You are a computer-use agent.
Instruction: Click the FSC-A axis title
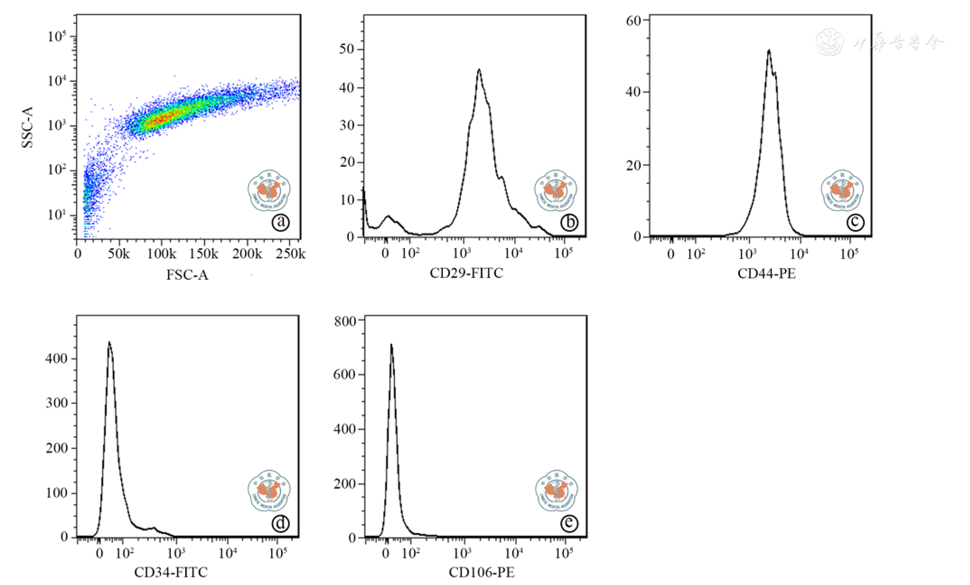click(187, 275)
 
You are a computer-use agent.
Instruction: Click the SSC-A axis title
click(28, 127)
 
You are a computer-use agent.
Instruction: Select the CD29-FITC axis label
click(466, 273)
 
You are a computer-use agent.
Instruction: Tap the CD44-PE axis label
click(766, 274)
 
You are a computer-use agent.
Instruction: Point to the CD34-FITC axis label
click(171, 572)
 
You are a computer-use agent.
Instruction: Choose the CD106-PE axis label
click(482, 572)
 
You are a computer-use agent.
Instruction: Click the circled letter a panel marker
click(281, 222)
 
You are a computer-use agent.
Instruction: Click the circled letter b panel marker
click(569, 222)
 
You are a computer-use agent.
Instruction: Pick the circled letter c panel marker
click(855, 222)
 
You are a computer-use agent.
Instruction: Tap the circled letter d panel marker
click(281, 523)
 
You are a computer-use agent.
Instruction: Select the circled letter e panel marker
click(569, 523)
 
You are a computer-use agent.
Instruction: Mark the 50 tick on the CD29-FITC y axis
click(347, 49)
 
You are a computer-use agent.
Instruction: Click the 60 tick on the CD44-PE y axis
click(633, 20)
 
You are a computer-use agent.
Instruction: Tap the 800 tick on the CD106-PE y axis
click(345, 321)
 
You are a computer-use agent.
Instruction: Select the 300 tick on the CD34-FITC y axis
click(56, 403)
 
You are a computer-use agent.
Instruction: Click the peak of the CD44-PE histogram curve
click(769, 50)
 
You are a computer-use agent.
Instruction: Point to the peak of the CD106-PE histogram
click(391, 345)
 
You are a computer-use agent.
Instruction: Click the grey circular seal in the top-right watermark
click(830, 42)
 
